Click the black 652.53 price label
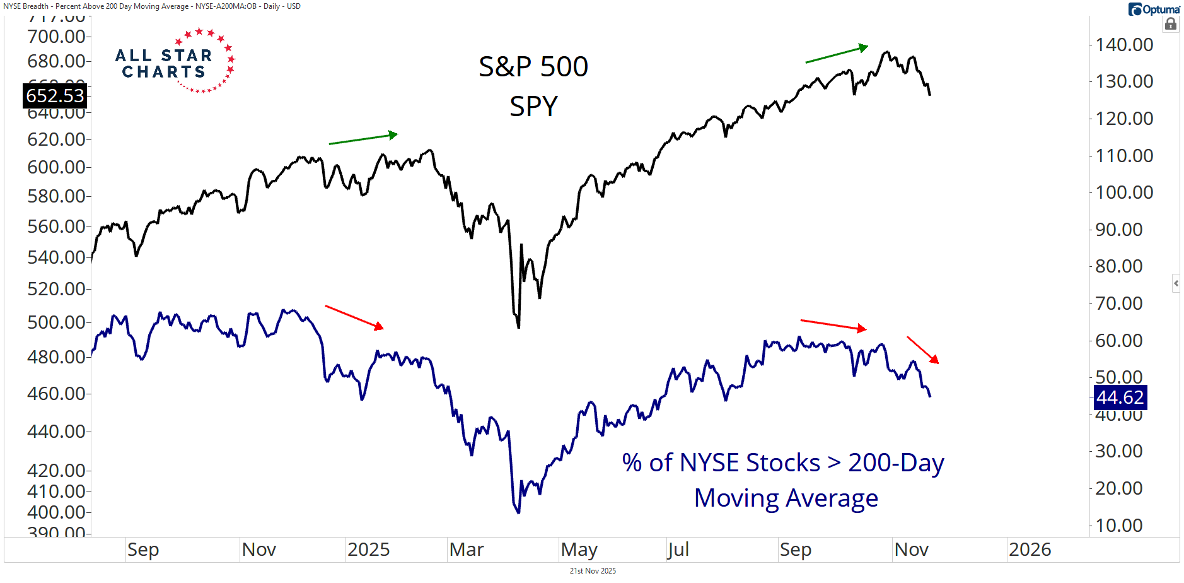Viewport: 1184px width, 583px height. [x=55, y=96]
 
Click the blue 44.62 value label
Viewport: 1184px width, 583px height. [x=1119, y=397]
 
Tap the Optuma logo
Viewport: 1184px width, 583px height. [x=1154, y=9]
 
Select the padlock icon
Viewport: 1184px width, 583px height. [x=1171, y=24]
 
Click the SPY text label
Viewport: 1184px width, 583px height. [x=533, y=106]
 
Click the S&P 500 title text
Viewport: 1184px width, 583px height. [x=533, y=67]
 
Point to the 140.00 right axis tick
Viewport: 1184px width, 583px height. [x=1124, y=45]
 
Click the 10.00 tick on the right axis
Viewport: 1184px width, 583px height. [x=1119, y=525]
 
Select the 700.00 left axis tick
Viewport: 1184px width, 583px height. [x=56, y=37]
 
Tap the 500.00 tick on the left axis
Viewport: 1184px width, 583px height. [x=56, y=322]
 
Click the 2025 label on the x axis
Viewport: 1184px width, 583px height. [x=368, y=550]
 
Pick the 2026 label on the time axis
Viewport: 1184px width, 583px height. [x=1030, y=550]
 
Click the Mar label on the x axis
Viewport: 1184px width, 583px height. [x=467, y=550]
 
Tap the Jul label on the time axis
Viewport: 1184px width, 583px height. [x=678, y=550]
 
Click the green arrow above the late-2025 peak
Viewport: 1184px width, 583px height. [x=837, y=54]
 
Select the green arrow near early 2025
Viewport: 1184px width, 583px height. [x=363, y=139]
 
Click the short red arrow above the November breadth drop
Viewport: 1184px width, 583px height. [x=923, y=350]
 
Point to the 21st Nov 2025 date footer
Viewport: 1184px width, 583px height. [x=593, y=571]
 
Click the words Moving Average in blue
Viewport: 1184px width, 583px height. [x=786, y=498]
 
